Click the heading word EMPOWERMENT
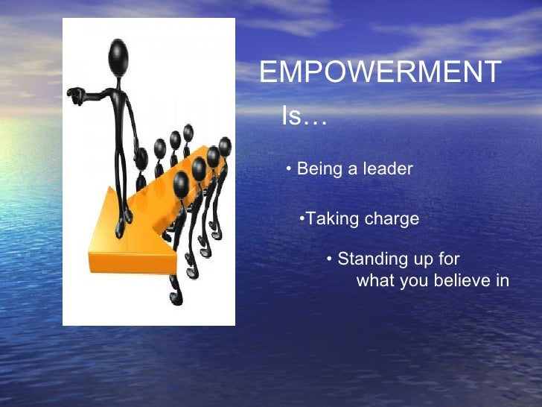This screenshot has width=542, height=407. tap(380, 73)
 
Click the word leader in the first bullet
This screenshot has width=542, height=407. tap(387, 169)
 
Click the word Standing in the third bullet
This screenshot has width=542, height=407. tap(370, 259)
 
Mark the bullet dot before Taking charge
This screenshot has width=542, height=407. tap(302, 219)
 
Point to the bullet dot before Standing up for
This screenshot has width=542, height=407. tap(330, 259)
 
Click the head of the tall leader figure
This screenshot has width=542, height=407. tap(118, 54)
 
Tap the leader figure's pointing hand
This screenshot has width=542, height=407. tap(74, 95)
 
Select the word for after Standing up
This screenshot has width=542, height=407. tap(449, 259)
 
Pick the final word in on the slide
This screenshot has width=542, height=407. tap(502, 281)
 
